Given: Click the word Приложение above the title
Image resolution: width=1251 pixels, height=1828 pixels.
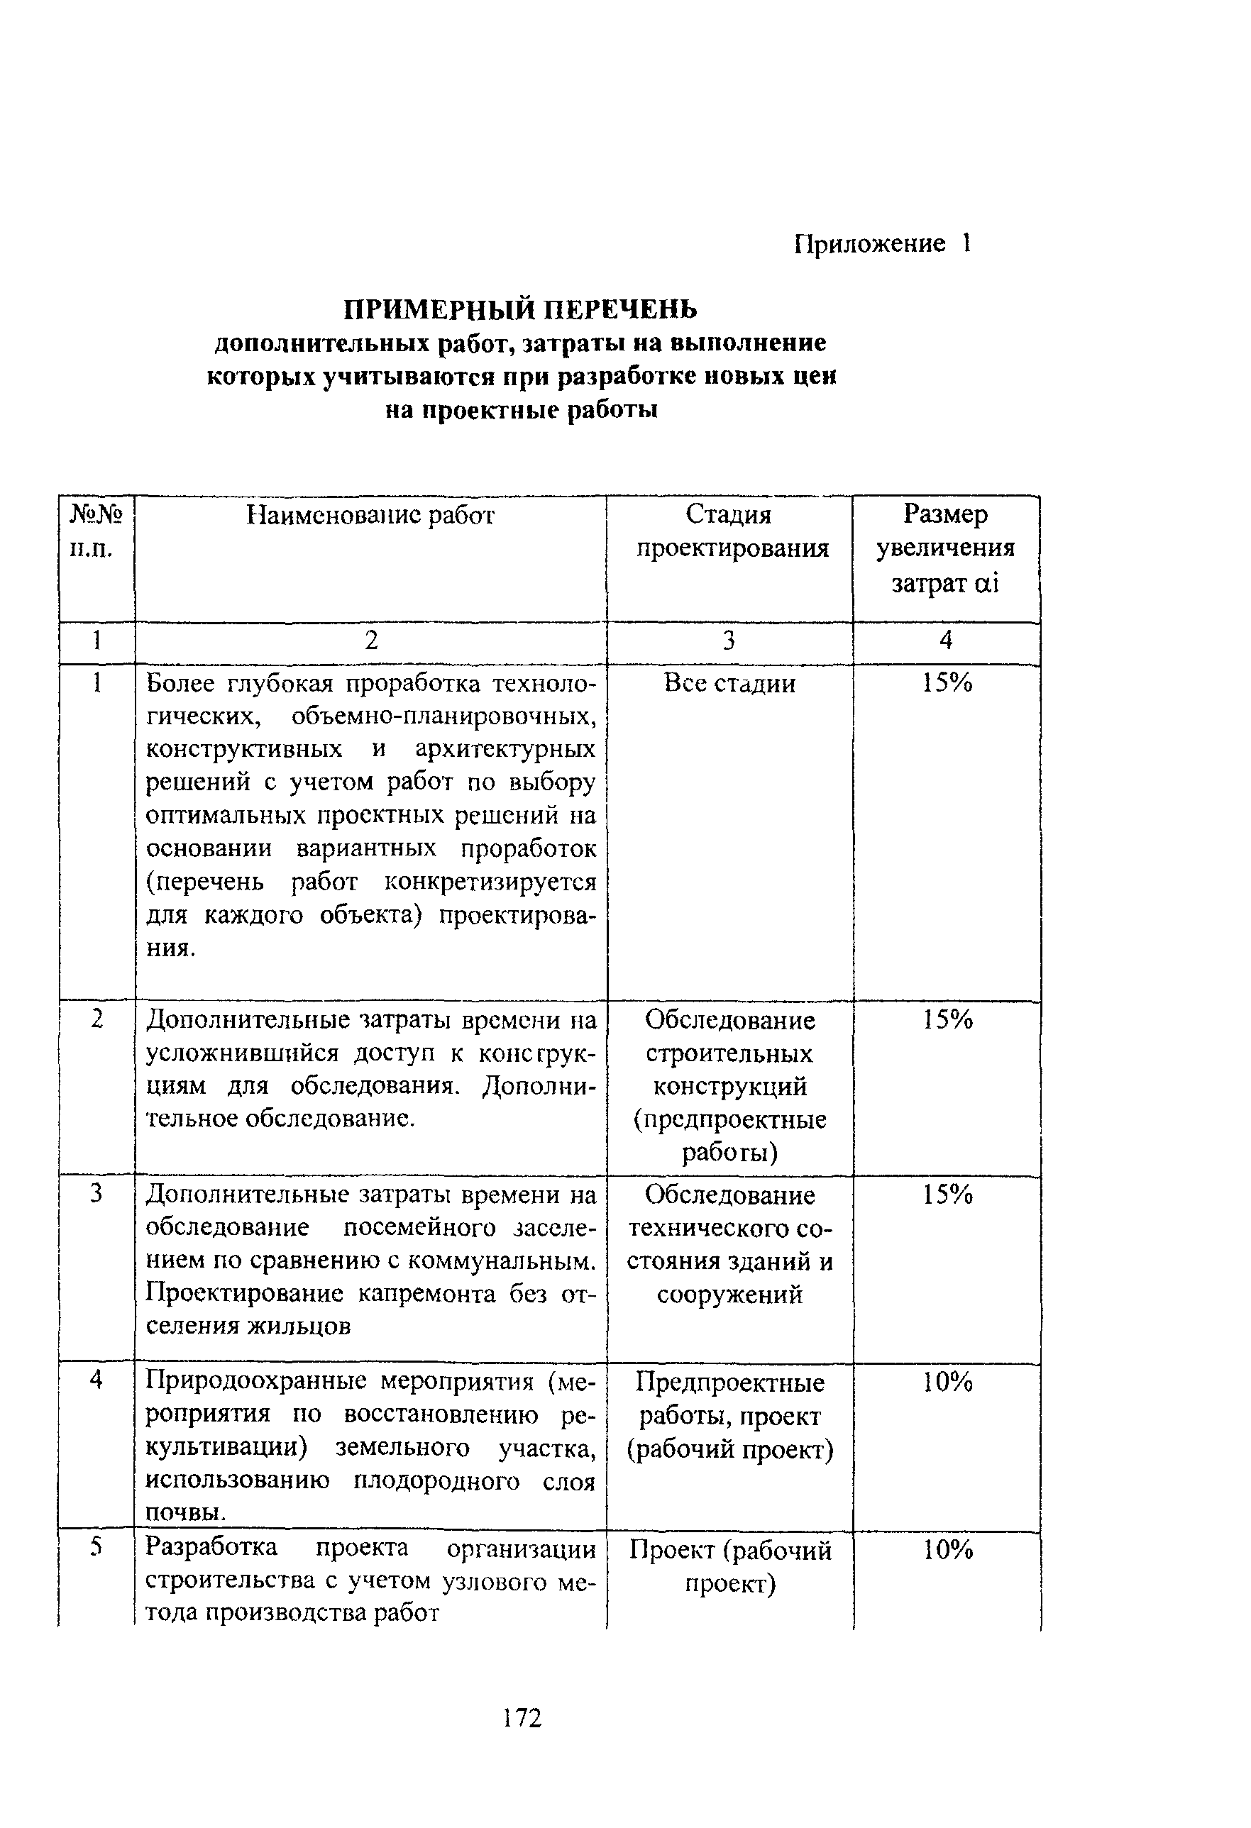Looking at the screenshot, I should click(869, 244).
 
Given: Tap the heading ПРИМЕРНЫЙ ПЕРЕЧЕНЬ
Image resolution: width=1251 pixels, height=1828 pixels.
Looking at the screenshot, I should click(521, 309).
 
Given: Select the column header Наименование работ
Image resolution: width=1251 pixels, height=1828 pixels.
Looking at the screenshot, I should click(370, 515).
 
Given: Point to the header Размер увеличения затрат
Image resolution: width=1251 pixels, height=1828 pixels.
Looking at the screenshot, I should click(946, 548).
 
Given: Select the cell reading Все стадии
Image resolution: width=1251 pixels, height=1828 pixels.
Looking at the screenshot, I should click(729, 684).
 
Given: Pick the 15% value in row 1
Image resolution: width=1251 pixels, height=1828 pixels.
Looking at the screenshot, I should click(947, 684).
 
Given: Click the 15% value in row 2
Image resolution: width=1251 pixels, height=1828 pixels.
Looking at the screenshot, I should click(947, 1020).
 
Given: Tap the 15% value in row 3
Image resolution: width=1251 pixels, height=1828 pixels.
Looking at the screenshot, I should click(947, 1195).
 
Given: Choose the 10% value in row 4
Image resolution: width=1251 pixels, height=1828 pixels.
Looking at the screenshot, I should click(947, 1382).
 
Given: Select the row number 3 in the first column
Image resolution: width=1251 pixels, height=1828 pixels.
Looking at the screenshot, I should click(96, 1193).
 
